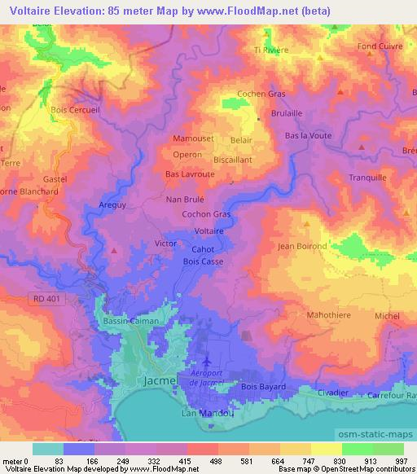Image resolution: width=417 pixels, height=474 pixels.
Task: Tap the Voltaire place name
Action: tap(209, 231)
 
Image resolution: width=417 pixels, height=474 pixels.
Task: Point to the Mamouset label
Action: tap(193, 139)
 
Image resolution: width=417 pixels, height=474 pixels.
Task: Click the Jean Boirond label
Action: tap(302, 246)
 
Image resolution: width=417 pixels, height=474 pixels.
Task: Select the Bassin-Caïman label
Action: tap(131, 322)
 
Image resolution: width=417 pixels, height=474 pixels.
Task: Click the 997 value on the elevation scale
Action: tap(402, 461)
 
